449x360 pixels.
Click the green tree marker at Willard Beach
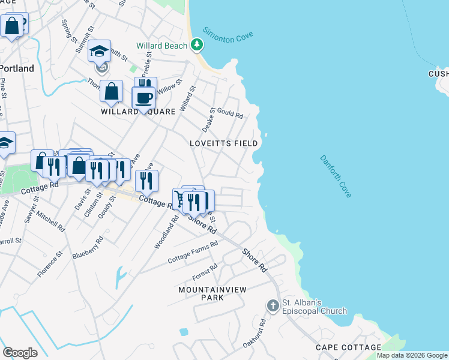pos(196,44)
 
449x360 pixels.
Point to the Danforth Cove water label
pos(336,176)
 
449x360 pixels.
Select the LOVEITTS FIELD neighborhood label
pos(223,143)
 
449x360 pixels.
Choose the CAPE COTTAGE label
pos(348,347)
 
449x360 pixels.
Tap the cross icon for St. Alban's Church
pos(273,305)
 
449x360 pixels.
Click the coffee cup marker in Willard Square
pos(144,98)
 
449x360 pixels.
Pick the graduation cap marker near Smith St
pos(100,52)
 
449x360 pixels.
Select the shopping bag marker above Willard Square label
pos(112,92)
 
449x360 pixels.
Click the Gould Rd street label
pos(230,114)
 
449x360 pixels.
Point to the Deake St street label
pos(208,120)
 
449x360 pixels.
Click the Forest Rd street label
pos(205,273)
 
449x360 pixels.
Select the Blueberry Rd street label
pos(88,247)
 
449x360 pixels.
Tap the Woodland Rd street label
pos(167,233)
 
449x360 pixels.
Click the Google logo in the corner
pos(20,353)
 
